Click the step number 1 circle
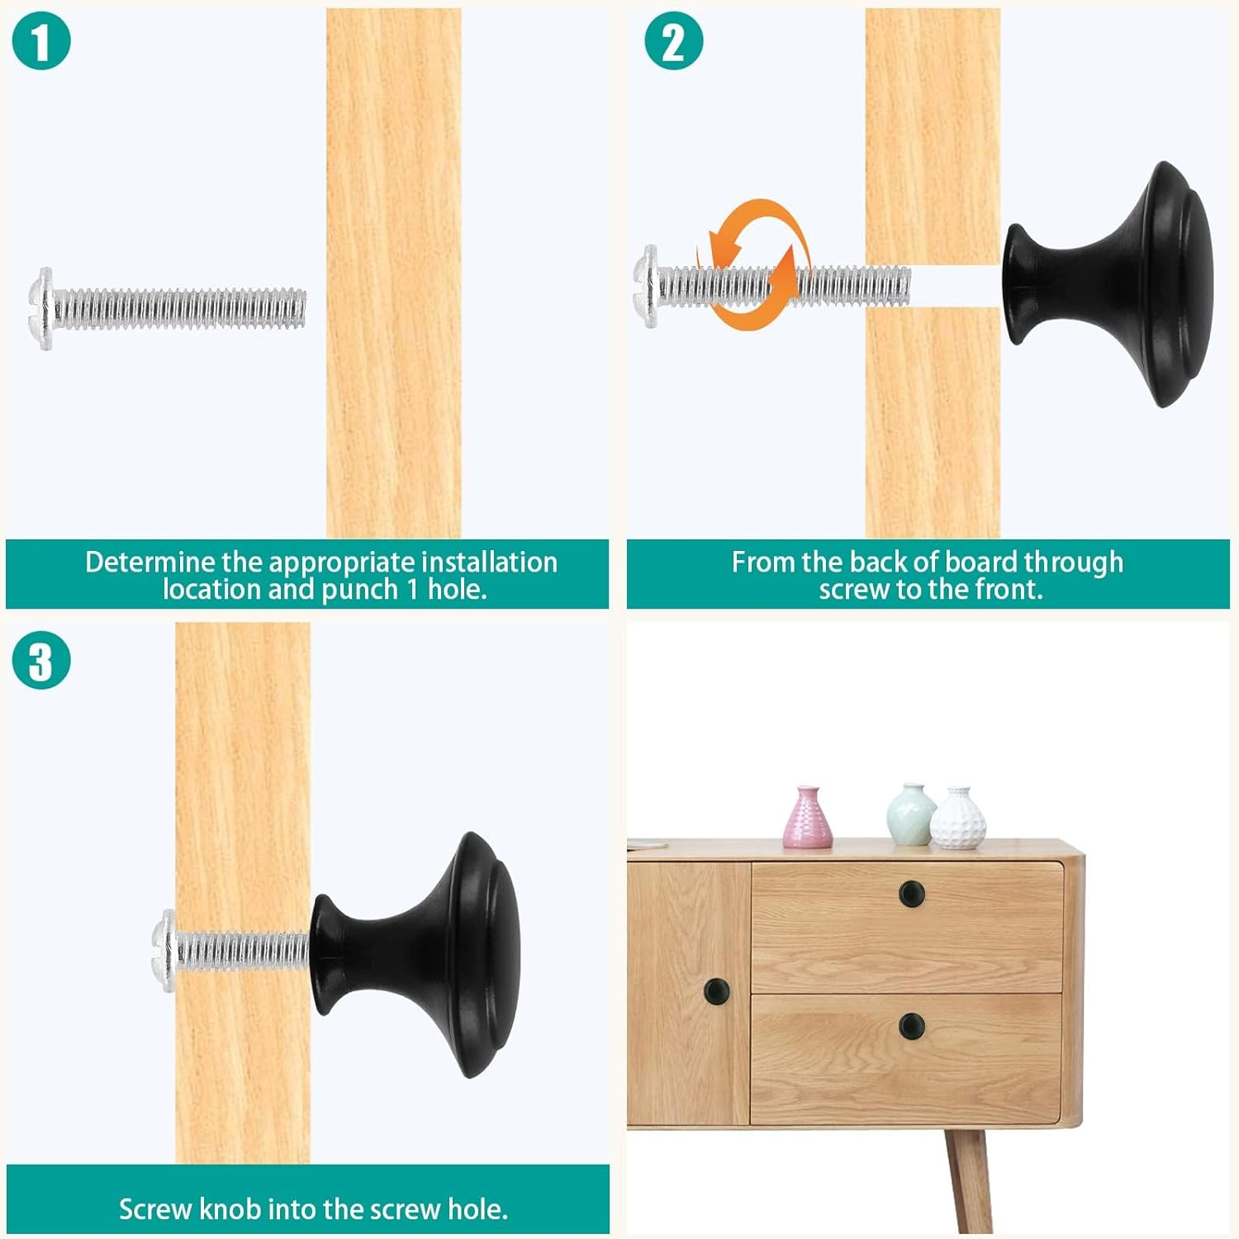click(41, 41)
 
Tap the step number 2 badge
click(673, 41)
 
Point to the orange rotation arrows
click(752, 263)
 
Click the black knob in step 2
click(1108, 284)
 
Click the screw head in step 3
click(165, 951)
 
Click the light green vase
click(911, 814)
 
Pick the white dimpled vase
click(957, 819)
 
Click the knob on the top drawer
click(911, 892)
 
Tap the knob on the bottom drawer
click(911, 1026)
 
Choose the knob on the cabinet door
click(716, 990)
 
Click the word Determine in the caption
click(151, 563)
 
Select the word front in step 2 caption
click(1009, 590)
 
